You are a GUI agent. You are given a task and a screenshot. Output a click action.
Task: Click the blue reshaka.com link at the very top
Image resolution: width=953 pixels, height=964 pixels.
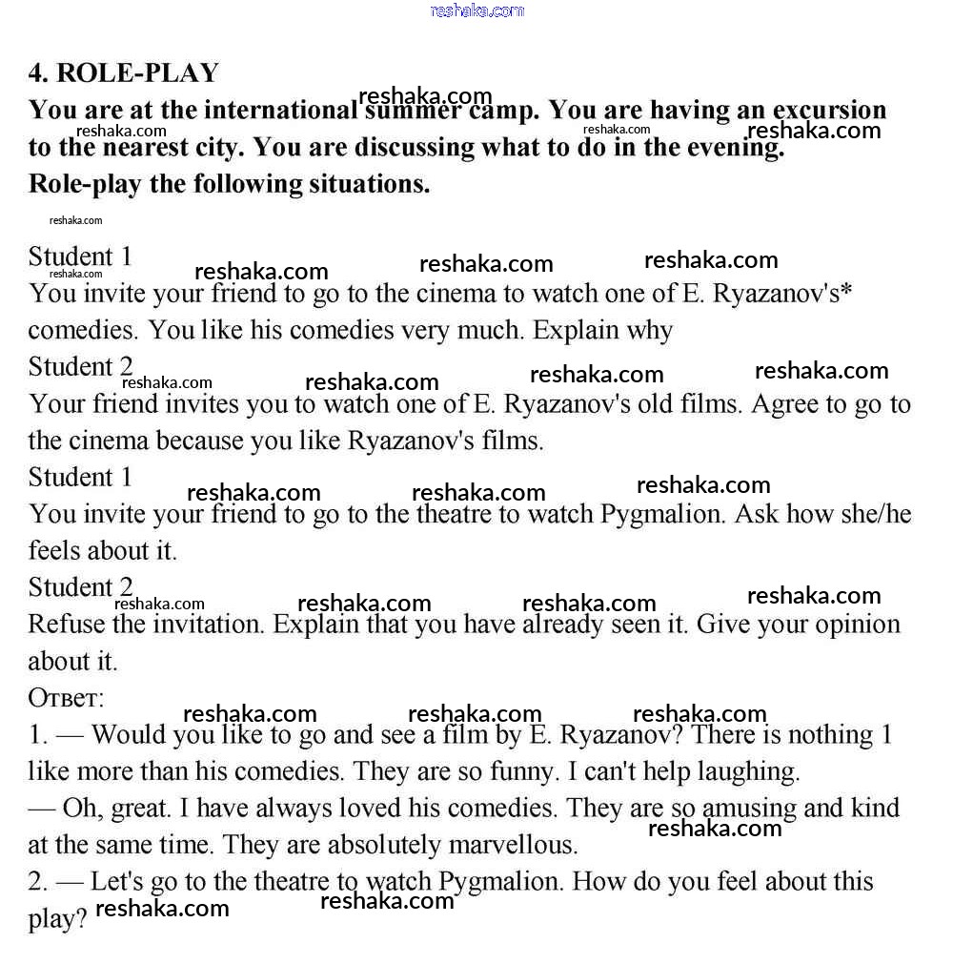(476, 10)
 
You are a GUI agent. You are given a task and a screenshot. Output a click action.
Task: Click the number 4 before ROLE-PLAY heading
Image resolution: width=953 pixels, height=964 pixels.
(37, 73)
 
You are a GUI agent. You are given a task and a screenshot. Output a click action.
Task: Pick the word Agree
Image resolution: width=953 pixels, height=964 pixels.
(788, 404)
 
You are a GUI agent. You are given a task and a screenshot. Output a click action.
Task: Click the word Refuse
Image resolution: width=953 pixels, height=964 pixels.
(63, 625)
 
